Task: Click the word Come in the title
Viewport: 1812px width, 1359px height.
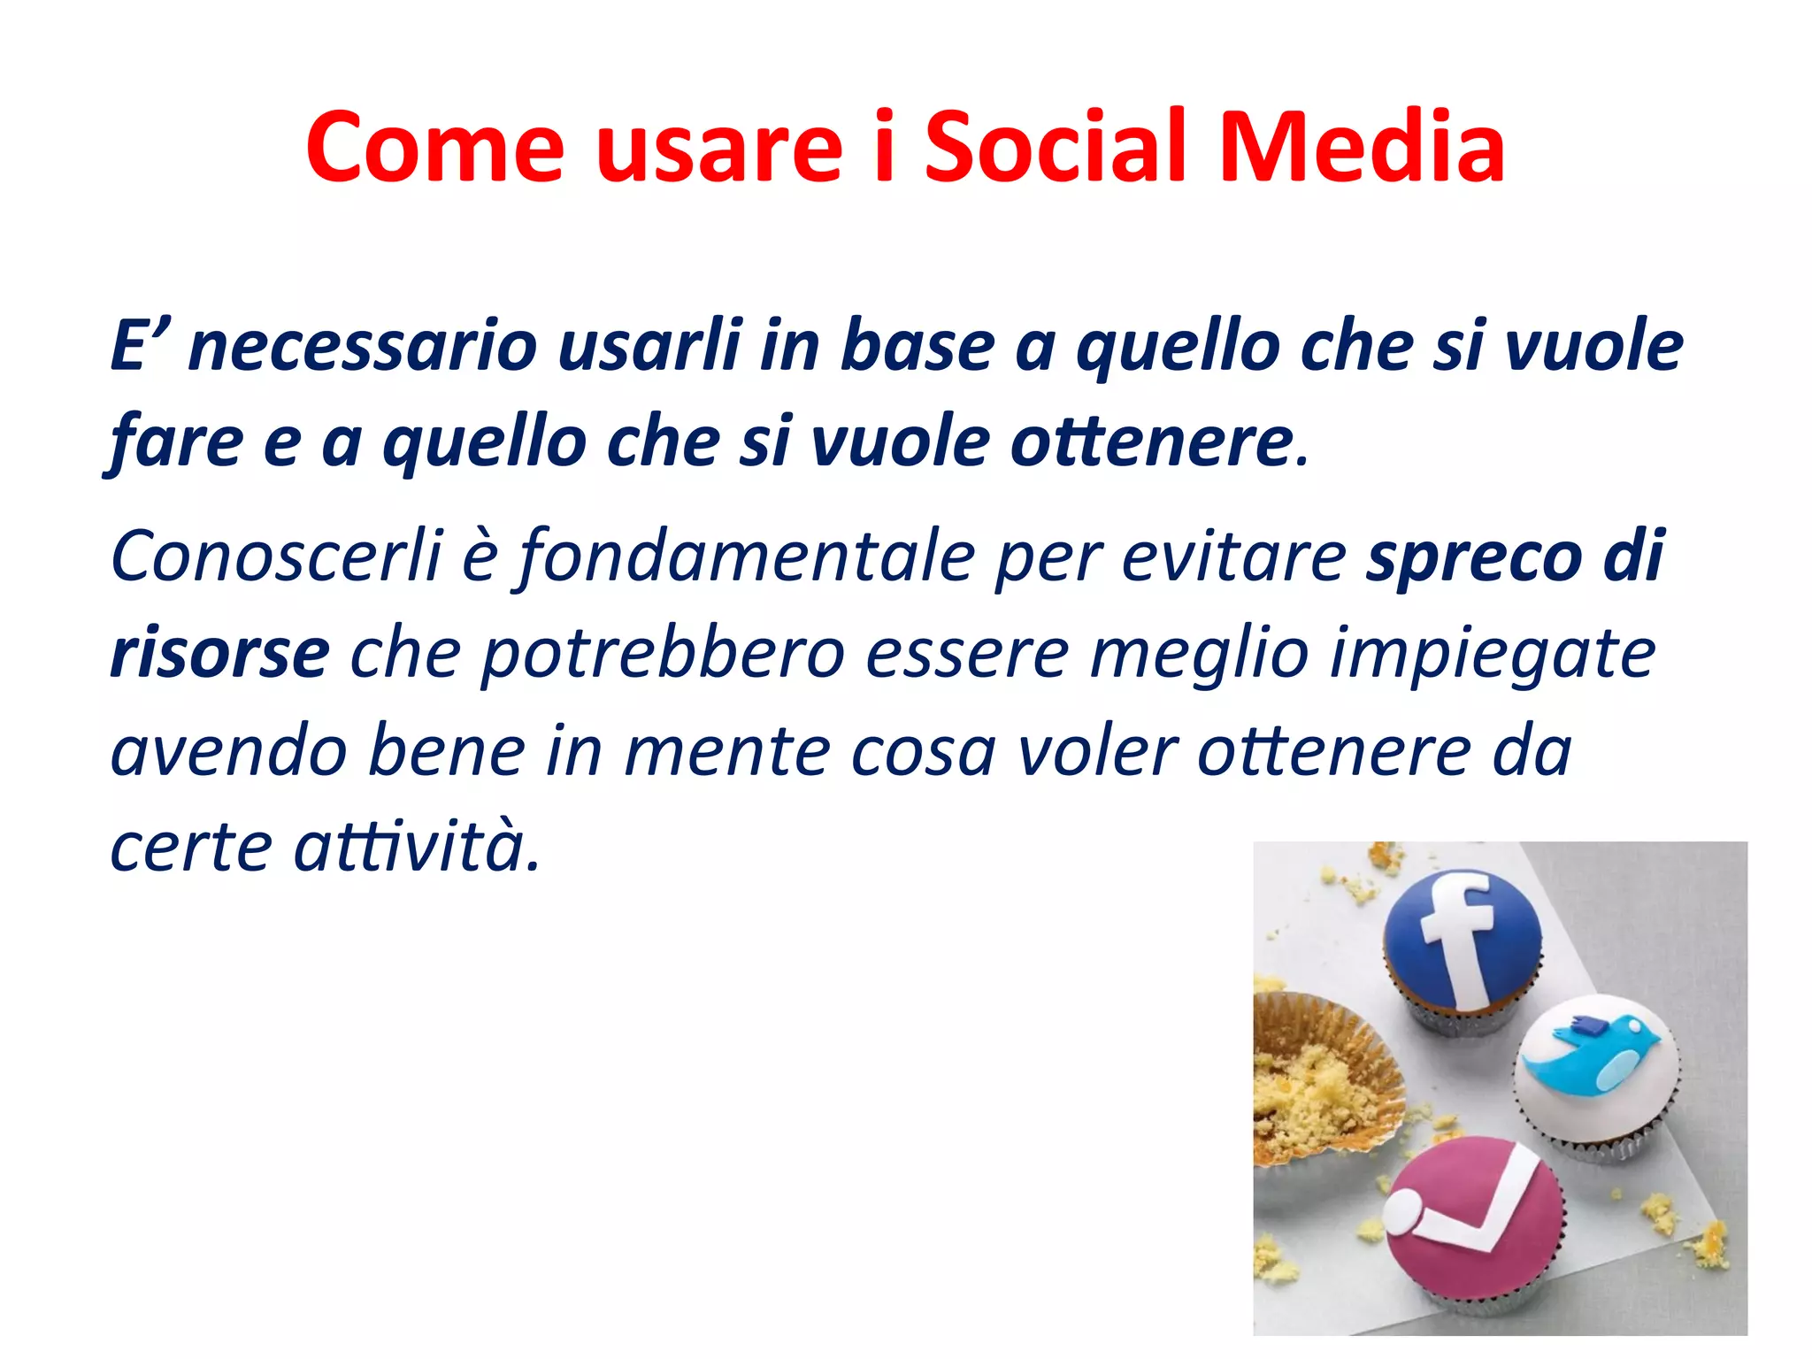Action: pyautogui.click(x=434, y=148)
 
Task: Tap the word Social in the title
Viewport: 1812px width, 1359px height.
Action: pyautogui.click(x=1054, y=148)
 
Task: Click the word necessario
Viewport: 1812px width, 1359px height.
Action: pyautogui.click(x=363, y=346)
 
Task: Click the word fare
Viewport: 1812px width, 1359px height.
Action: pyautogui.click(x=176, y=442)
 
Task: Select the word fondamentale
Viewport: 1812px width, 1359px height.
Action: pyautogui.click(x=748, y=557)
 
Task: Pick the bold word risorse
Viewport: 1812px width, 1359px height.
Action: pyautogui.click(x=220, y=654)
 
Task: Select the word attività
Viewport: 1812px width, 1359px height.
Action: pyautogui.click(x=416, y=848)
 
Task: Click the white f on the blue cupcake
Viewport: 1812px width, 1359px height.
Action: pyautogui.click(x=1460, y=938)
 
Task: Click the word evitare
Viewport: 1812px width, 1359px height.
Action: pyautogui.click(x=1233, y=557)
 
